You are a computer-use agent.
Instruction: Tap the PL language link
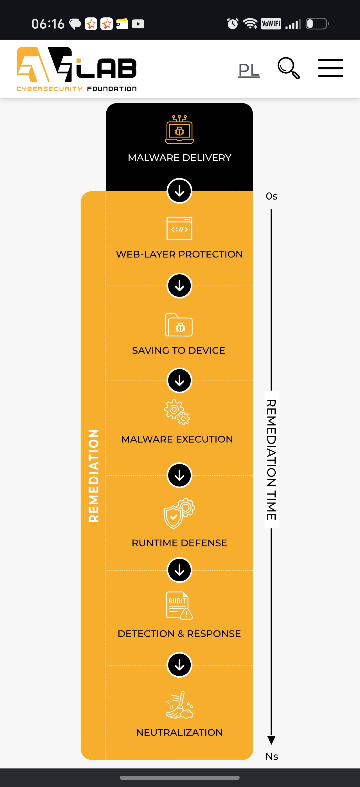point(249,70)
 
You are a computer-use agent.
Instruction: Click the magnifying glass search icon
point(289,68)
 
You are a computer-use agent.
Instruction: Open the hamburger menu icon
point(330,68)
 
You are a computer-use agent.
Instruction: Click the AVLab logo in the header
point(77,69)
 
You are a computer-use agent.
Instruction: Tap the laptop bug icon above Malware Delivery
point(179,129)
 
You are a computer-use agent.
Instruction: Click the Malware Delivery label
point(179,158)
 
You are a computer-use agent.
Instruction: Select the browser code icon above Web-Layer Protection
point(179,229)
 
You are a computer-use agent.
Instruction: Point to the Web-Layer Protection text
point(179,254)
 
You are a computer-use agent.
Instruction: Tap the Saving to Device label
point(179,350)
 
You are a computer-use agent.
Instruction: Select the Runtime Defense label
point(179,543)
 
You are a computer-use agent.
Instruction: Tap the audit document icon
point(179,605)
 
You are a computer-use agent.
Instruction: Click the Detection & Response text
point(179,634)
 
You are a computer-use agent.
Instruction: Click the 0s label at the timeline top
point(272,196)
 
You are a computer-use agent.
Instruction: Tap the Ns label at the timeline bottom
point(272,756)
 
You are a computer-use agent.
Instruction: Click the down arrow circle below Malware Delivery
point(179,191)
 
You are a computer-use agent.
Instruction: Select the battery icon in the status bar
point(318,24)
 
